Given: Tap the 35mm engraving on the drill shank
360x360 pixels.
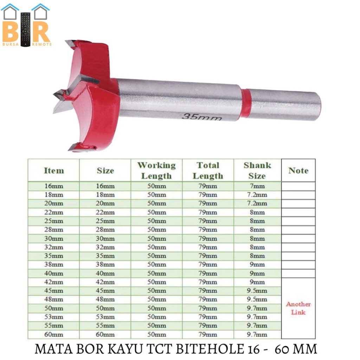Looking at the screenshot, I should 202,116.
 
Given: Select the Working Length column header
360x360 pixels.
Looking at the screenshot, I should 156,171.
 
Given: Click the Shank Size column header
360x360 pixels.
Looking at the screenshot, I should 257,171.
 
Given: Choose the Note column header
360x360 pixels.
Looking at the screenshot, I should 298,171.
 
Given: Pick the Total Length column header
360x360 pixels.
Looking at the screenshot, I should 208,171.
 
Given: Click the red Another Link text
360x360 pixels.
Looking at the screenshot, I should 298,308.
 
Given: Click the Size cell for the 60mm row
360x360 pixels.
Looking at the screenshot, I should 105,334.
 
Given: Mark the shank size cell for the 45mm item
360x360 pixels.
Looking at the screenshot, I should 257,291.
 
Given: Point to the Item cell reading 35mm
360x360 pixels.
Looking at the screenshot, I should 53,256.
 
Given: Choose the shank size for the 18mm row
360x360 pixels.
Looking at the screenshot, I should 257,195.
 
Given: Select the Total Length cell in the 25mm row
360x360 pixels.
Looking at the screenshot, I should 208,221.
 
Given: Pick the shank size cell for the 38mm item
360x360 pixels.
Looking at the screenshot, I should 257,265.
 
